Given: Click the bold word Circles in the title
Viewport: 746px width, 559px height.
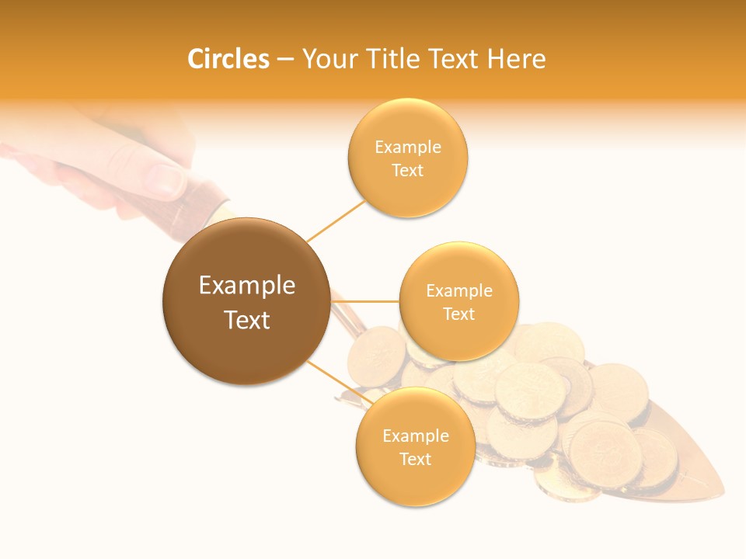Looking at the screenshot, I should coord(228,59).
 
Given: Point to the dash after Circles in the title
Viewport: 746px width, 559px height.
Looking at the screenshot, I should coord(285,60).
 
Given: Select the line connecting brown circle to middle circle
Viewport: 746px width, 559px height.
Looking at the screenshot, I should coord(365,301).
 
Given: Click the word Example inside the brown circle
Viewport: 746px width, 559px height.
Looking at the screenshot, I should coord(247,286).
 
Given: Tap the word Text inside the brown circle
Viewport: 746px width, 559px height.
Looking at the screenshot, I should coord(247,320).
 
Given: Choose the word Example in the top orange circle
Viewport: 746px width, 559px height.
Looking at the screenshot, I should coord(408,148).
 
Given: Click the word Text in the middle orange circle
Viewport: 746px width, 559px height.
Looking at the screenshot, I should coord(458,314).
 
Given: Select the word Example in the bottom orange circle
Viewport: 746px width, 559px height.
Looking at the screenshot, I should coord(416,436).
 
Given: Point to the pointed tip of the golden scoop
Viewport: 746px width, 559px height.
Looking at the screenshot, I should coord(723,495).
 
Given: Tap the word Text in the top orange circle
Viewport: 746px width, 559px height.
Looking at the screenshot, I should coord(408,171).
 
